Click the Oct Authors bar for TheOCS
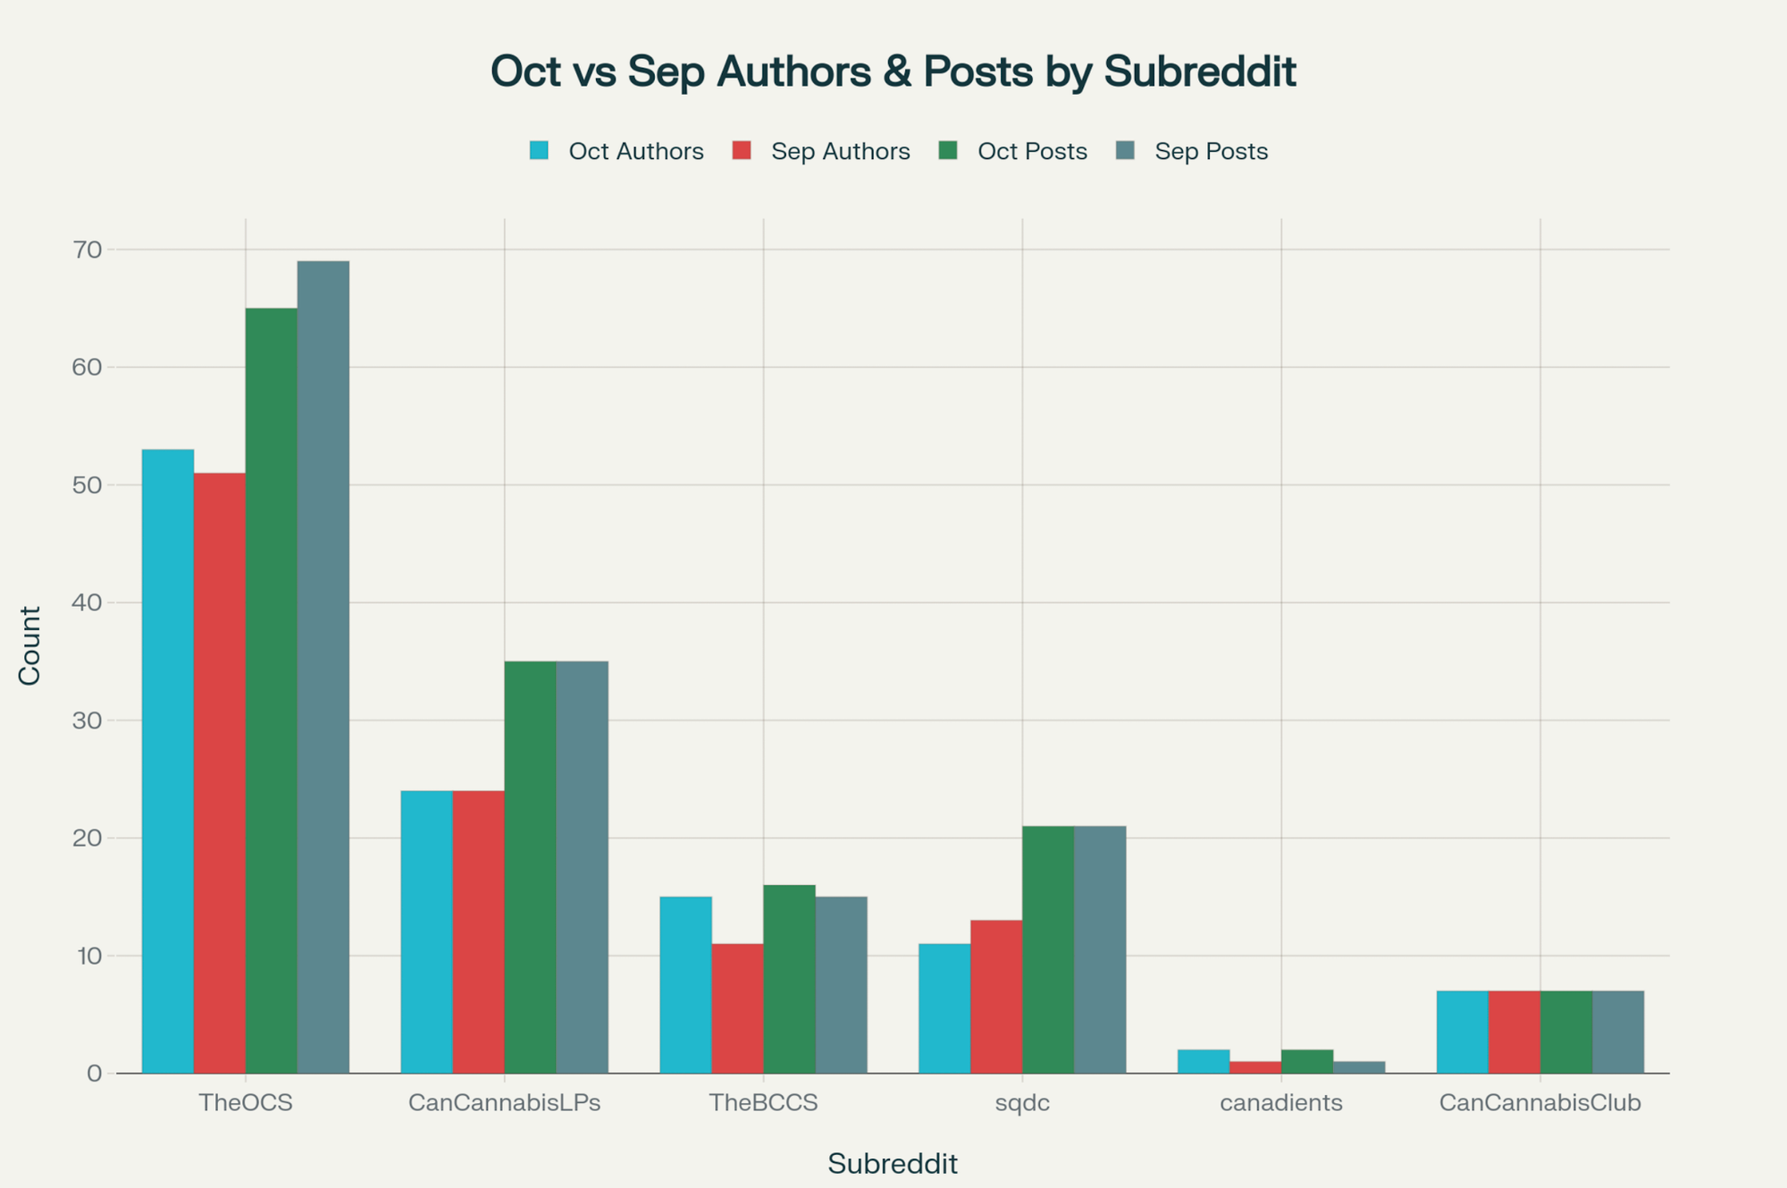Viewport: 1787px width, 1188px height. coord(168,760)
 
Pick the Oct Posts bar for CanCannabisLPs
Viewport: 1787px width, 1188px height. coord(530,867)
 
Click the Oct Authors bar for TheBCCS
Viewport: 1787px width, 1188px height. coord(685,984)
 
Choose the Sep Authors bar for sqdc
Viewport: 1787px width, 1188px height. coord(996,996)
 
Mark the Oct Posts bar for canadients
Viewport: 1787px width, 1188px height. coord(1307,1061)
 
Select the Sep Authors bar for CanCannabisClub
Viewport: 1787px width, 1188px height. coord(1514,1032)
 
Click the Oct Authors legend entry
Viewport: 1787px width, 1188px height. coord(635,151)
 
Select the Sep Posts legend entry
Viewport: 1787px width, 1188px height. coord(1211,151)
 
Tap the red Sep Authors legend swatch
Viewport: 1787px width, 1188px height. coord(742,150)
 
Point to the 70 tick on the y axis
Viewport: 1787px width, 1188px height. coord(88,249)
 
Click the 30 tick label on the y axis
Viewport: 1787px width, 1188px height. coord(88,720)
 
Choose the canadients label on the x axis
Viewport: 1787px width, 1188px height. coord(1281,1102)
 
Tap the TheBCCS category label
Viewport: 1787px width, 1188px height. coord(763,1102)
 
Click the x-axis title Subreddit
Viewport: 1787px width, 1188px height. coord(892,1163)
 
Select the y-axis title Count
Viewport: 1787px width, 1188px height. coord(29,645)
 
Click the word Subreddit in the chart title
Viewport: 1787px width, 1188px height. coord(1199,72)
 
